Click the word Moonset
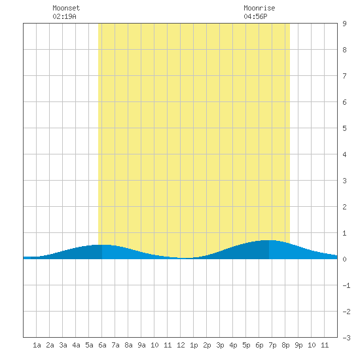[66, 8]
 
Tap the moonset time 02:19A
[64, 16]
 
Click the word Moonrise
[259, 8]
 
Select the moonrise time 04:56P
[255, 16]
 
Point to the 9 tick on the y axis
[344, 24]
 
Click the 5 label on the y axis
[344, 128]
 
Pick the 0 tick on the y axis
[344, 259]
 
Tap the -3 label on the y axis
[346, 338]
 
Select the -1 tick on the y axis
[346, 285]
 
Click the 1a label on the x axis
[37, 345]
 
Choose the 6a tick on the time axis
[102, 345]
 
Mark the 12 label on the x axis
[181, 345]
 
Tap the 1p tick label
[194, 345]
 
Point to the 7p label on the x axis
[272, 345]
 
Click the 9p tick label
[298, 345]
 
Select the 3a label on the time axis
[63, 345]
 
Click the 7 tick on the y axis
[344, 76]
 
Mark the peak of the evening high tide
[268, 240]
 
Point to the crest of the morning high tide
[102, 245]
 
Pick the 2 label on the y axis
[344, 207]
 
